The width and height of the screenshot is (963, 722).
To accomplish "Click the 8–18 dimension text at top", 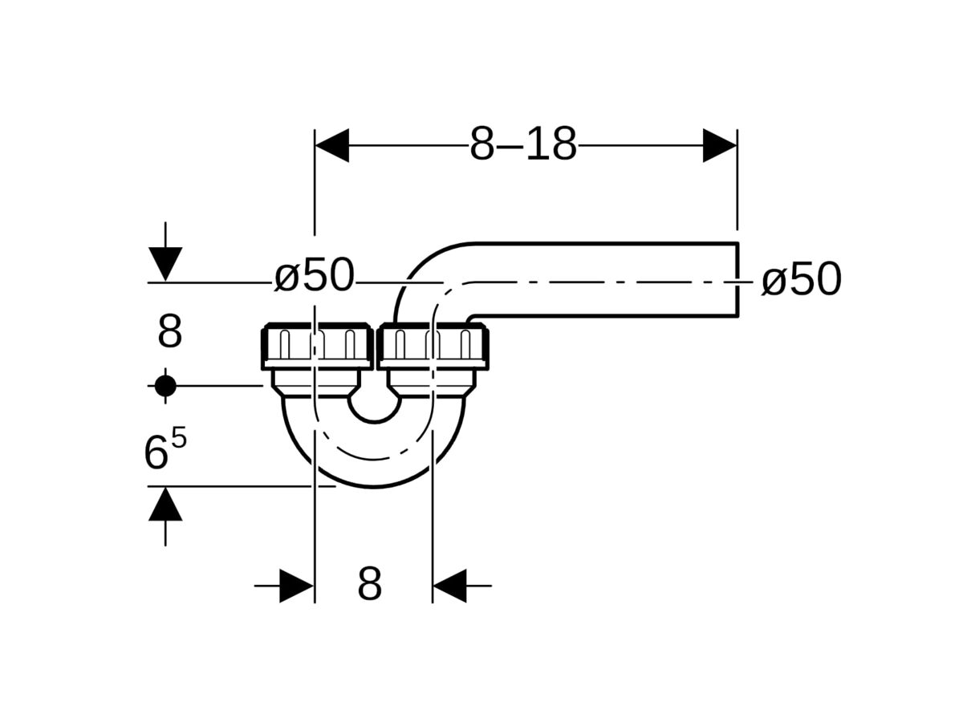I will (x=523, y=145).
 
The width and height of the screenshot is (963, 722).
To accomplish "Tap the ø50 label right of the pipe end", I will (x=801, y=280).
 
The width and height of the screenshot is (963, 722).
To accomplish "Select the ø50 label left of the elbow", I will (x=314, y=277).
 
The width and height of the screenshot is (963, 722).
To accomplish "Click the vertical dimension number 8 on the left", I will (x=169, y=332).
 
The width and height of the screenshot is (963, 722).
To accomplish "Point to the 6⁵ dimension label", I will (x=165, y=451).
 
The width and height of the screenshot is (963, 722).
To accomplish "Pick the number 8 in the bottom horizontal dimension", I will (x=369, y=585).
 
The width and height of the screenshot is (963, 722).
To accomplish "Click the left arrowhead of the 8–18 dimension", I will (x=331, y=145).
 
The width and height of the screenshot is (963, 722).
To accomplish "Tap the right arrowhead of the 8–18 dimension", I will (x=720, y=145).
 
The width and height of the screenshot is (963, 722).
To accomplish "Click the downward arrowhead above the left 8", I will (x=165, y=264).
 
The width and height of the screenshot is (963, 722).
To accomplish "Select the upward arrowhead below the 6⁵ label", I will (x=165, y=505).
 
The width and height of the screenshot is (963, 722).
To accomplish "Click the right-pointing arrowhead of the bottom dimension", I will (x=296, y=586).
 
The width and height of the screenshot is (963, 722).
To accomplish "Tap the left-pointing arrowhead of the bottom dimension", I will (x=449, y=586).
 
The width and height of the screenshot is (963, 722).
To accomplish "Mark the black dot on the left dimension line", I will (x=165, y=386).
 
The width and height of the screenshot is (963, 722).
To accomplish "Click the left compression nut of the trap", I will (x=317, y=346).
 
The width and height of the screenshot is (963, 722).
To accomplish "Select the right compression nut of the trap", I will (x=433, y=346).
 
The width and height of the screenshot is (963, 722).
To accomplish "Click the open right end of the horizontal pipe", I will (x=737, y=280).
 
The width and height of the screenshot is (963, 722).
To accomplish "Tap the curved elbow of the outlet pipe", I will (x=425, y=273).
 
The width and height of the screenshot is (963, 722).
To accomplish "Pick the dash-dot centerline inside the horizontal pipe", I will (x=602, y=282).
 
